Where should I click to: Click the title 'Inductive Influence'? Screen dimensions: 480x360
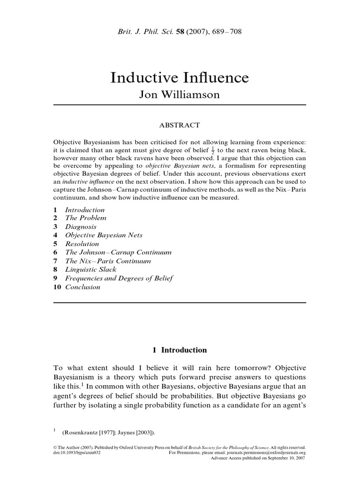(x=180, y=78)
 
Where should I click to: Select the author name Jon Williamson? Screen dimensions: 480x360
(x=180, y=95)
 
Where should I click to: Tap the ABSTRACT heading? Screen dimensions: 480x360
(x=180, y=125)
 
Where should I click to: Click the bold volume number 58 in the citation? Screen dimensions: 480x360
(x=179, y=32)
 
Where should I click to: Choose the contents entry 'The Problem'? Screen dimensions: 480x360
(x=86, y=218)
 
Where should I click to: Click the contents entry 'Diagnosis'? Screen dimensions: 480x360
(x=81, y=226)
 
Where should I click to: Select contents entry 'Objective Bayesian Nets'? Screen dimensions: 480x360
(x=104, y=235)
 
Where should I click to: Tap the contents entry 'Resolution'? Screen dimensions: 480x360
(x=82, y=244)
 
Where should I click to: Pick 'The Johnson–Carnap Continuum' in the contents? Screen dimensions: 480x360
(x=118, y=252)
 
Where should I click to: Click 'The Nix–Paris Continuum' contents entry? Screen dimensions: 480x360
(x=108, y=261)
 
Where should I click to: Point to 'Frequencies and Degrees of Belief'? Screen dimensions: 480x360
(x=119, y=278)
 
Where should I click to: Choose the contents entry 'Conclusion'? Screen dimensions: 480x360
(x=82, y=287)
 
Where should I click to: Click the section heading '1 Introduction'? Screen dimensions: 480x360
(x=180, y=350)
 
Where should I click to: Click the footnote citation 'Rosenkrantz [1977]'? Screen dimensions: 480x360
(x=93, y=432)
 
